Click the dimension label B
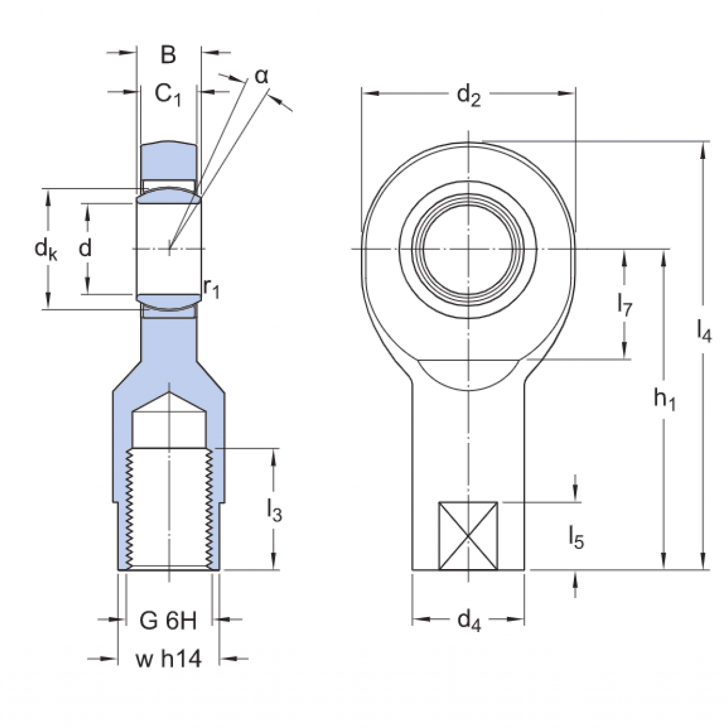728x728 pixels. (x=168, y=55)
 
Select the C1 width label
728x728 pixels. (x=168, y=94)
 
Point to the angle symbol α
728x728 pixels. (x=261, y=76)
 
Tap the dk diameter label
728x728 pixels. (x=45, y=249)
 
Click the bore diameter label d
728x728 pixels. (x=86, y=248)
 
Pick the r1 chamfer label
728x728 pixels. (x=211, y=289)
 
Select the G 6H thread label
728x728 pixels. (x=168, y=620)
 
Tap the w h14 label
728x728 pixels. (x=168, y=659)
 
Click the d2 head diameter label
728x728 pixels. (x=468, y=95)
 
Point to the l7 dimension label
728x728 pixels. (x=624, y=305)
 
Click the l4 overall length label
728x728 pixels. (x=703, y=331)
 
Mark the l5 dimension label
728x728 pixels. (x=576, y=537)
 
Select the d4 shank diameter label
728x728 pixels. (x=468, y=621)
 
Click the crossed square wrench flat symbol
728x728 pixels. (x=468, y=536)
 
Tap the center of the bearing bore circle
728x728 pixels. (x=468, y=249)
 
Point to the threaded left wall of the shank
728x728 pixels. (x=128, y=507)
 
